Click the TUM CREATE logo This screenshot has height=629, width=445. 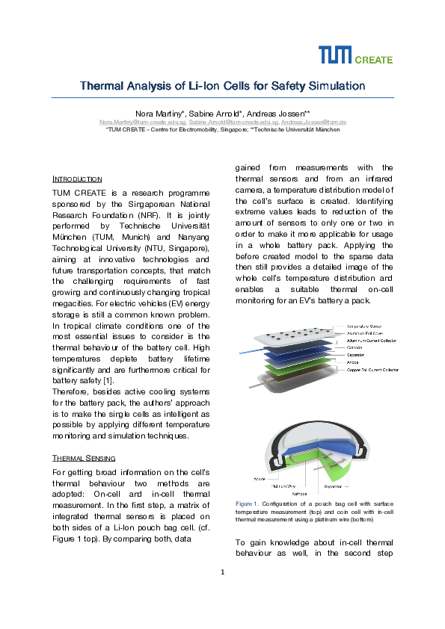pos(355,55)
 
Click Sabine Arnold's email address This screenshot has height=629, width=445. pos(224,121)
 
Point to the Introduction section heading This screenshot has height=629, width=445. pos(77,179)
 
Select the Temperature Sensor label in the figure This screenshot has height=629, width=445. pos(366,326)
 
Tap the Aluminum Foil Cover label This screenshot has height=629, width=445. pos(365,333)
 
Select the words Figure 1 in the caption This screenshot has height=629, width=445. pos(247,503)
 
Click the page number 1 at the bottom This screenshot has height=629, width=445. pos(223,573)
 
